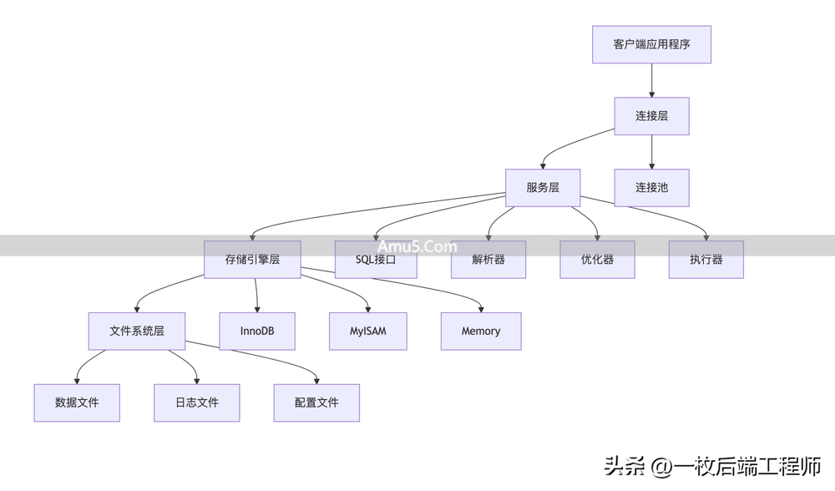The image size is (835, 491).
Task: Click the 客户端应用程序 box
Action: [x=651, y=44]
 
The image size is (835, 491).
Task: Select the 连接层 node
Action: [x=651, y=116]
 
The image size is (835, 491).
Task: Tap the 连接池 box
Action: [x=651, y=188]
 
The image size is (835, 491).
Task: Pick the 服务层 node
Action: [x=543, y=188]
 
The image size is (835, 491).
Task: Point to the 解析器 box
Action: [x=488, y=260]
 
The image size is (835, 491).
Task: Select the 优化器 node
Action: [x=597, y=260]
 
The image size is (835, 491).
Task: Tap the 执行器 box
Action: [x=706, y=260]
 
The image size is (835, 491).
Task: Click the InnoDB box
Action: [x=257, y=331]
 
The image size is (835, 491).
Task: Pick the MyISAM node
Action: [x=368, y=331]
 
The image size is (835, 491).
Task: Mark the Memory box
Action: [x=481, y=331]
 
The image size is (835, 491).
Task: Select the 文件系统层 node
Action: [x=137, y=331]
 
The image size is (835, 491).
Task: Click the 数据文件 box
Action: [x=77, y=402]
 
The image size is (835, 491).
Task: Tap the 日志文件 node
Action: [x=197, y=402]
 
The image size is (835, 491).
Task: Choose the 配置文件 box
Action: [x=316, y=402]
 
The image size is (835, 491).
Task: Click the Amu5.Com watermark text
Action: [x=417, y=246]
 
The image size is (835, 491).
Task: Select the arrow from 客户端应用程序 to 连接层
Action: [x=651, y=80]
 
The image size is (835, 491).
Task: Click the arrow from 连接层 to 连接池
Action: [x=651, y=152]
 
